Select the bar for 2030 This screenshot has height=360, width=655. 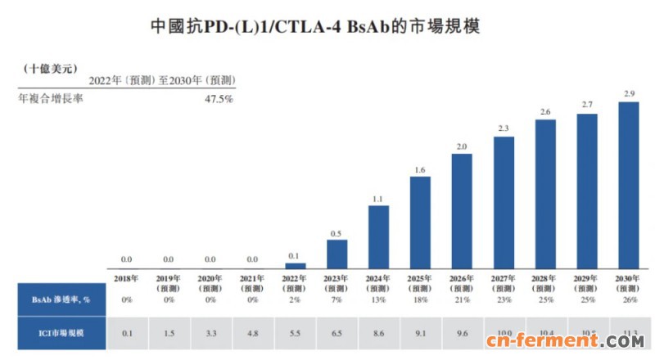tap(628, 185)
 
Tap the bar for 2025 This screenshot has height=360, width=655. tap(420, 223)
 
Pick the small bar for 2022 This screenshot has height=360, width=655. tap(295, 265)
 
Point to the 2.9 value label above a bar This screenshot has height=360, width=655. tap(628, 95)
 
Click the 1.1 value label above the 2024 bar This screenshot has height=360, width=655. tap(378, 199)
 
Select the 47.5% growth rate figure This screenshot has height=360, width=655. tap(218, 98)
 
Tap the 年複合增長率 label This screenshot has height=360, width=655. tap(51, 98)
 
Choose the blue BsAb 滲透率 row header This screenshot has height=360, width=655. tap(53, 300)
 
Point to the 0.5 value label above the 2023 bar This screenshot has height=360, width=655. tap(337, 233)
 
